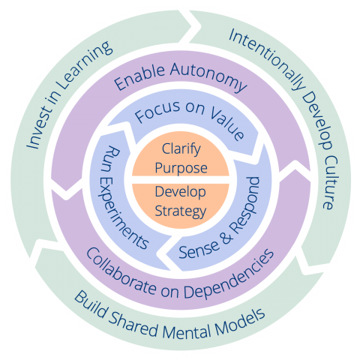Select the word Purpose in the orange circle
pos(180,168)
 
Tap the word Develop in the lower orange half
pos(180,193)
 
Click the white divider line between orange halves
pos(180,181)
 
